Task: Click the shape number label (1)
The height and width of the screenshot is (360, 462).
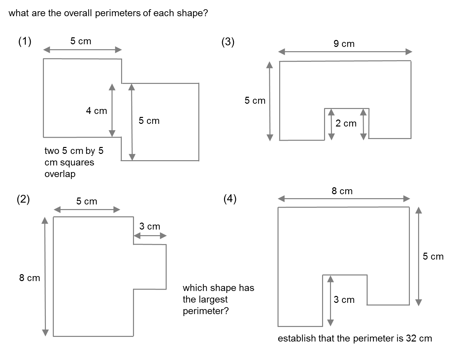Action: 25,42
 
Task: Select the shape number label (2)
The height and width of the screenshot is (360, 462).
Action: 23,199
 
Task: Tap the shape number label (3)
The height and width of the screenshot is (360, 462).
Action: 228,42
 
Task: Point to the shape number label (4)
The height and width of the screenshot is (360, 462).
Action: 230,199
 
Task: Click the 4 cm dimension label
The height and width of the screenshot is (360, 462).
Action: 96,111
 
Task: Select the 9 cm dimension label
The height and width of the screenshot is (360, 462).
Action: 344,44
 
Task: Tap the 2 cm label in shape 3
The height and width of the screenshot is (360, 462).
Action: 346,124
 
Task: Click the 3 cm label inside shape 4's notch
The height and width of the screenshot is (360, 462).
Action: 344,300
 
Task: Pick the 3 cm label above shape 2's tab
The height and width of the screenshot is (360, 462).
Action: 149,227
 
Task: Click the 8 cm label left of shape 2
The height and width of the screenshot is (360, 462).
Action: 29,278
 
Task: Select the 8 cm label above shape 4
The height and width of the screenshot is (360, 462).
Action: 342,191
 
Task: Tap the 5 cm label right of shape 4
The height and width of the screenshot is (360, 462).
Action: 433,257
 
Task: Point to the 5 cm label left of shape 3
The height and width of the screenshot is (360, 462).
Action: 255,101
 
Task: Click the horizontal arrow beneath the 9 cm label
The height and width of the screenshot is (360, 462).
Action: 345,52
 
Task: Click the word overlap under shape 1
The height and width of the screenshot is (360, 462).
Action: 60,174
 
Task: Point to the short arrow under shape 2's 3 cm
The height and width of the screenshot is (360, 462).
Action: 150,236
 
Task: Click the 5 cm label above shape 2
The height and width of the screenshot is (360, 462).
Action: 86,201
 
